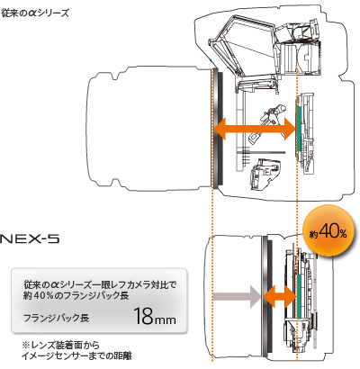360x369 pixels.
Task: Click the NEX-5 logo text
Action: [x=30, y=239]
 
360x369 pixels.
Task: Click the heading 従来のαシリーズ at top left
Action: [x=35, y=13]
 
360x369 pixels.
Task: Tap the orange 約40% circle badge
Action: [x=328, y=231]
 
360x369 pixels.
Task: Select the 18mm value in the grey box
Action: [x=155, y=316]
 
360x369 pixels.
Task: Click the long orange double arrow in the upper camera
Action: [x=255, y=129]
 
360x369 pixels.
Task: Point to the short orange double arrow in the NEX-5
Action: [x=280, y=296]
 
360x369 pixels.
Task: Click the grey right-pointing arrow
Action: [x=237, y=296]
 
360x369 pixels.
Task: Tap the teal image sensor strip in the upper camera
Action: [x=299, y=128]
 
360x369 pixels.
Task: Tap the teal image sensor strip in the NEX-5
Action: [x=299, y=296]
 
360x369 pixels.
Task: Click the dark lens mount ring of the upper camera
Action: [x=220, y=129]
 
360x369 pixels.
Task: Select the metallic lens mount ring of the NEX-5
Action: [x=265, y=296]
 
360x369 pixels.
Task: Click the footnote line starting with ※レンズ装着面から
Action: [x=61, y=345]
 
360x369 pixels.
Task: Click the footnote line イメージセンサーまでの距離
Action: [x=76, y=356]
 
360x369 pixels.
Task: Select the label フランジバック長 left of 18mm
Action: [x=56, y=318]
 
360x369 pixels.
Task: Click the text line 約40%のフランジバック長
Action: [x=76, y=296]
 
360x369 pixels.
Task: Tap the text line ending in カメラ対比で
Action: [x=100, y=284]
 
